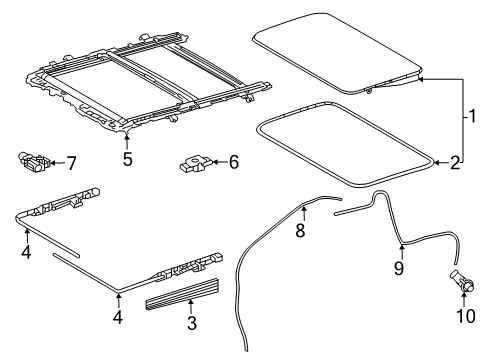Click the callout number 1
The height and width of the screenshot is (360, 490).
(x=472, y=116)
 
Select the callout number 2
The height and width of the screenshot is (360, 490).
(x=455, y=163)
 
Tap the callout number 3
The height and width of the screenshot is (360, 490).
(x=192, y=323)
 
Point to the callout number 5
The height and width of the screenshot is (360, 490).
(x=127, y=159)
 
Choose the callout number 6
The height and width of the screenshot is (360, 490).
(x=234, y=162)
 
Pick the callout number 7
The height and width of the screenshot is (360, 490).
(x=71, y=163)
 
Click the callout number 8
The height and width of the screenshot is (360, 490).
(x=300, y=231)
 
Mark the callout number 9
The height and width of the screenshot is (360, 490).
(x=399, y=268)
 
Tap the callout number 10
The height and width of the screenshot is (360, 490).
(x=466, y=316)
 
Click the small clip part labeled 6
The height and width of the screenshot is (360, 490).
(x=196, y=165)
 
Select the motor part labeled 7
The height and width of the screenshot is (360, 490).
(x=35, y=162)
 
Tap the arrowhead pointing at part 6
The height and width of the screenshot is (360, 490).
(x=215, y=162)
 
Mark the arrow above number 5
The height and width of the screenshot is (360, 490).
(x=127, y=140)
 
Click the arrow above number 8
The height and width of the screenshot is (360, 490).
(x=304, y=213)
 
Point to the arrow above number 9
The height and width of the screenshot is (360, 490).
(x=402, y=252)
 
